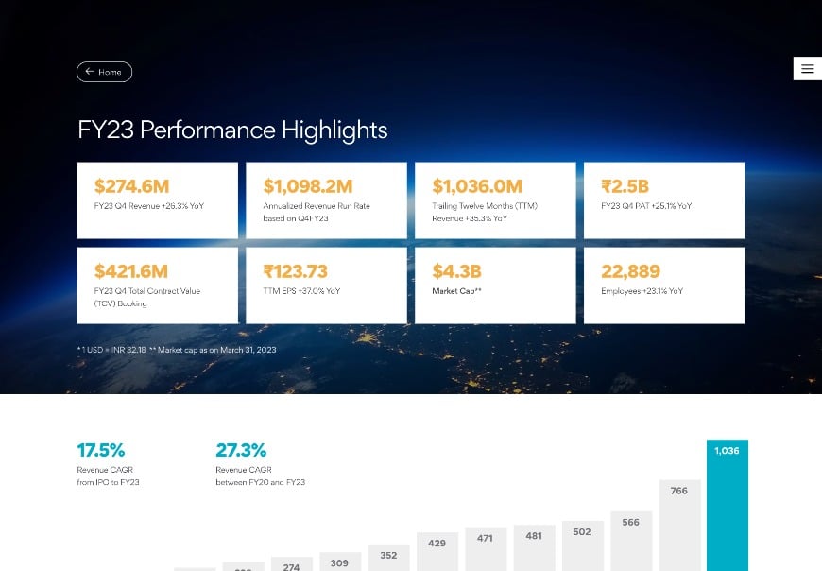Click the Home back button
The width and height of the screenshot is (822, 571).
[104, 72]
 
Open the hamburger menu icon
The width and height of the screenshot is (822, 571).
[807, 68]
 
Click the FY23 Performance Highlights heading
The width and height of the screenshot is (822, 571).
[232, 130]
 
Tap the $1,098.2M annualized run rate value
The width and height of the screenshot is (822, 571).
[307, 186]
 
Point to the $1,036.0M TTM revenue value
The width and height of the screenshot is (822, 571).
[476, 186]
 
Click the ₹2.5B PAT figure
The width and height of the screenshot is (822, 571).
[625, 186]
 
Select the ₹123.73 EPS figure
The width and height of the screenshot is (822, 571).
[295, 271]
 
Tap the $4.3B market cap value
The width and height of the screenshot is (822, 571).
[457, 271]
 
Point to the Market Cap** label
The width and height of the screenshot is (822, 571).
[457, 291]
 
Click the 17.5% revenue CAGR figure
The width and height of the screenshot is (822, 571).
[100, 450]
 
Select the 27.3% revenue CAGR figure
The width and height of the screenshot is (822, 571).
[240, 450]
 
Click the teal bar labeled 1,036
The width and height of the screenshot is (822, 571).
[727, 506]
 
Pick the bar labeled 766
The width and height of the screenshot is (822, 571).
[679, 525]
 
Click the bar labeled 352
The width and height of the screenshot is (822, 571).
[388, 558]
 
